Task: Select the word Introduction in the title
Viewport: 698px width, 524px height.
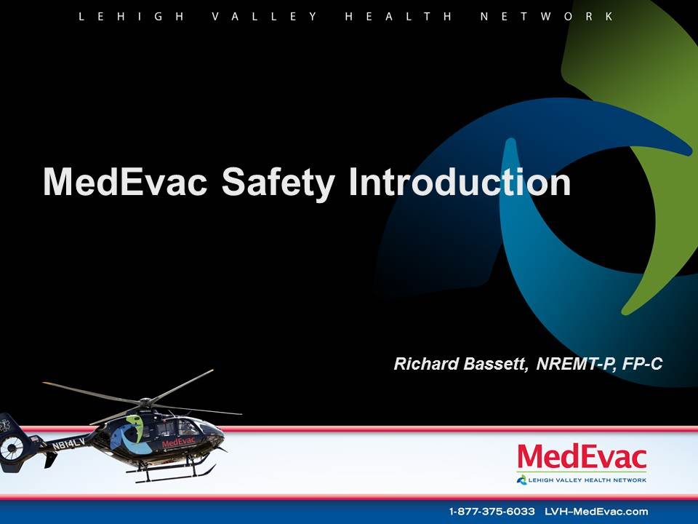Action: point(460,182)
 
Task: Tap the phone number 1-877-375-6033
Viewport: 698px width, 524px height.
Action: point(492,511)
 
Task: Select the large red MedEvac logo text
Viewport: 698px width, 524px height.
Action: point(582,458)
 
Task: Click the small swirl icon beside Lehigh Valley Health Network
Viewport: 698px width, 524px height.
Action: point(521,479)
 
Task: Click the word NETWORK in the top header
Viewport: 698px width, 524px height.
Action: point(547,16)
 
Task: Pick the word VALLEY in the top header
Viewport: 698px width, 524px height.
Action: point(265,16)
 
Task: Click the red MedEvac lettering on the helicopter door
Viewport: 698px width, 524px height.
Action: point(178,442)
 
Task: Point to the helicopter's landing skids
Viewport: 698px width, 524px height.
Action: point(171,475)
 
